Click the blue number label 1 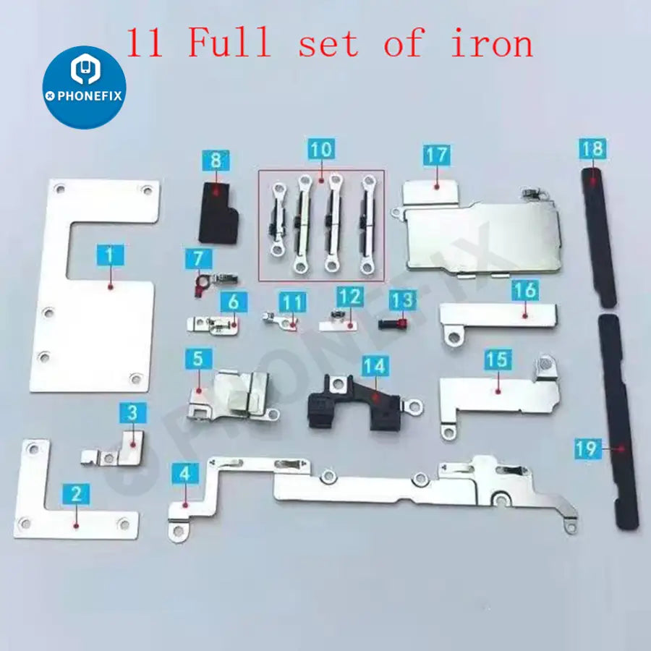tap(110, 255)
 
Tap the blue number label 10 tap(321, 148)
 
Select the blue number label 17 tap(437, 155)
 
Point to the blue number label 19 tap(588, 448)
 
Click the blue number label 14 tap(375, 366)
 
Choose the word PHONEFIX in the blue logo tap(89, 96)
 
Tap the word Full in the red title tap(230, 42)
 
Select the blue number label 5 tap(198, 359)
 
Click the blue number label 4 tap(185, 473)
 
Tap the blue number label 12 tap(350, 297)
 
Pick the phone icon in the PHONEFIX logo tap(85, 69)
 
